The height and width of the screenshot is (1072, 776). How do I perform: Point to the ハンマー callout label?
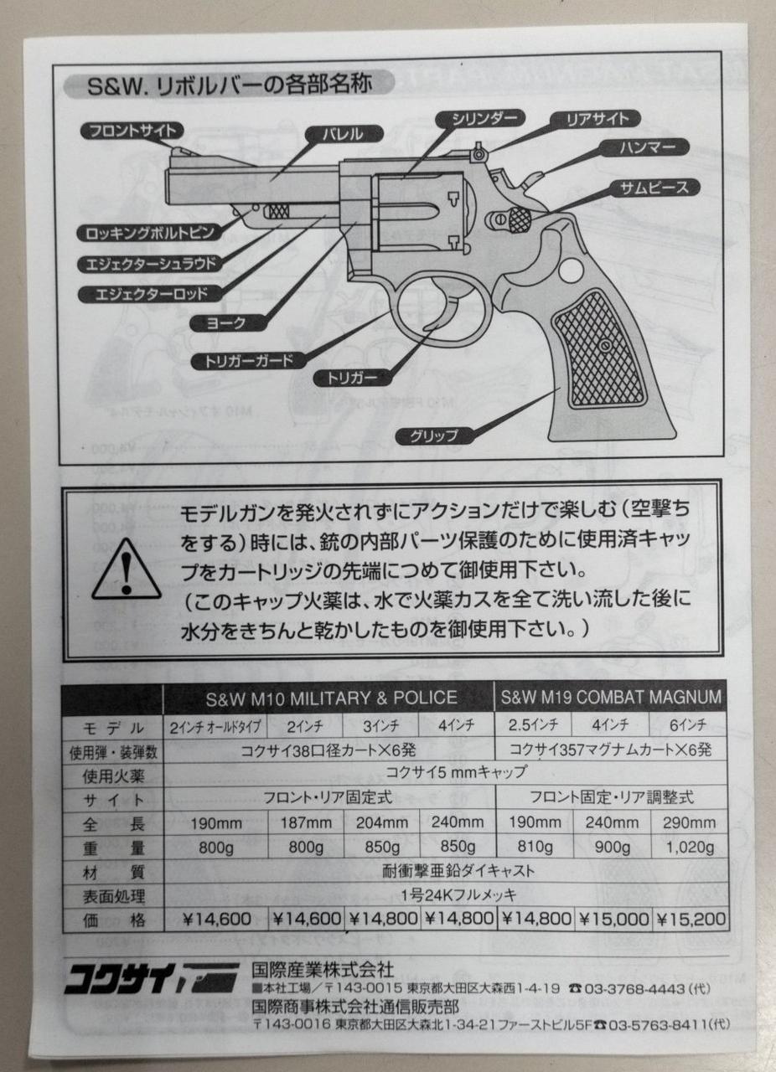[x=643, y=148]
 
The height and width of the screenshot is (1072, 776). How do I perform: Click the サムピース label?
[x=653, y=187]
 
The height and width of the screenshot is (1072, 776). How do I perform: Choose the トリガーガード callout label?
[x=243, y=361]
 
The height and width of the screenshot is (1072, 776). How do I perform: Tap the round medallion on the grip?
[x=569, y=271]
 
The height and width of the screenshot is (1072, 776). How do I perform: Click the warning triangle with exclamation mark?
[x=126, y=570]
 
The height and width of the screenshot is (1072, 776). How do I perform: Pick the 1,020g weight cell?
[x=689, y=847]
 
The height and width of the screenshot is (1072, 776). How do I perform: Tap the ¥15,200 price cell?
[x=691, y=918]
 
